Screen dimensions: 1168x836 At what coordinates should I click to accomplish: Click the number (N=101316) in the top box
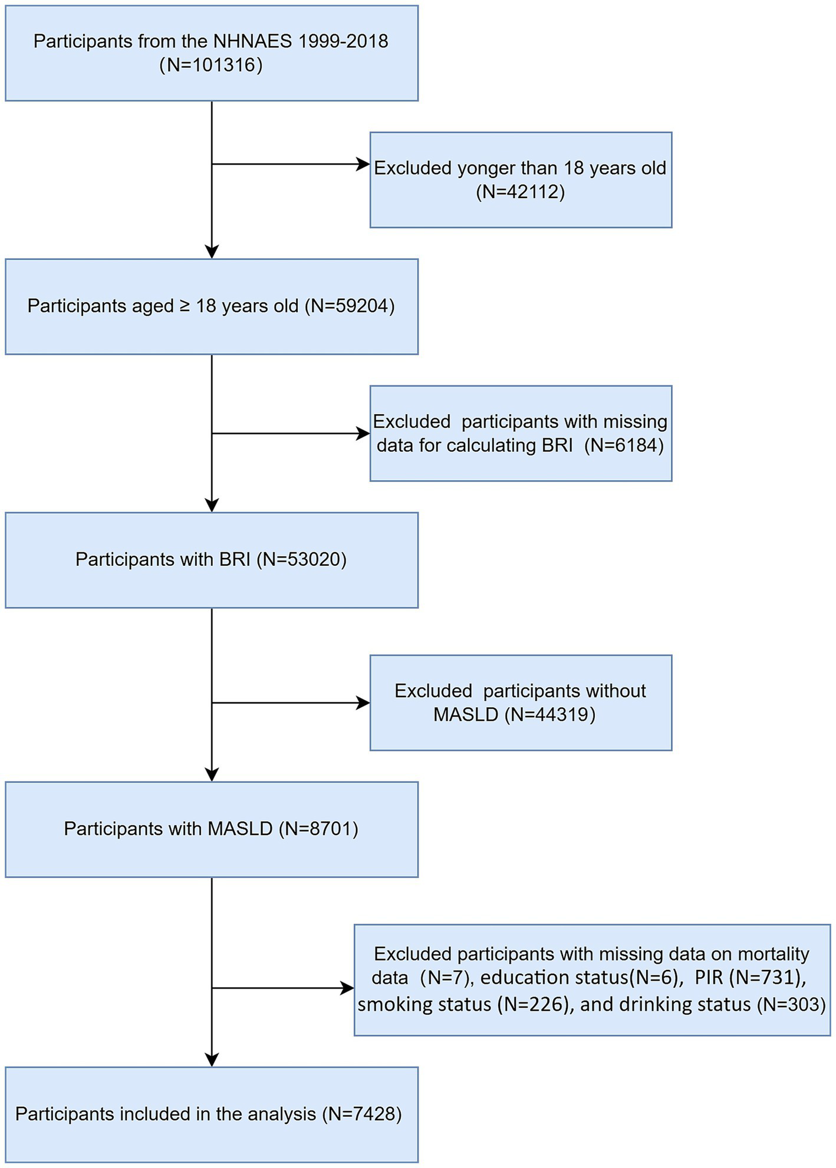click(211, 65)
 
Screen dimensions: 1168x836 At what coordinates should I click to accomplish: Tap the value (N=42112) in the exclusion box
click(520, 192)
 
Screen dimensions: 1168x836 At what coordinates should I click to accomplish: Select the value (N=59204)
click(350, 306)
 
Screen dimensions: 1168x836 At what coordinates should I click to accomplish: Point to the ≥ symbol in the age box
click(185, 306)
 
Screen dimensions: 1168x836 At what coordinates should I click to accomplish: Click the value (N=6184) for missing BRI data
click(624, 445)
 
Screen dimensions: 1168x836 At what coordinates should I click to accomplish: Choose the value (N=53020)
click(301, 559)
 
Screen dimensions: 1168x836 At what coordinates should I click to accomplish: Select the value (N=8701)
click(318, 829)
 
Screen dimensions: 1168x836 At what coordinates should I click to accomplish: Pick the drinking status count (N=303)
click(789, 1004)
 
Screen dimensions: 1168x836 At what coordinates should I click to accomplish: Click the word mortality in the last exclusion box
click(774, 953)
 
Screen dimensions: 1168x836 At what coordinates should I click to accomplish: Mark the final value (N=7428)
click(362, 1114)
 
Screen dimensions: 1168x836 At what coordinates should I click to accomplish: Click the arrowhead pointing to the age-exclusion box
click(363, 164)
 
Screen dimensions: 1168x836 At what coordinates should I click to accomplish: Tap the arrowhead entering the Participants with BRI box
click(212, 505)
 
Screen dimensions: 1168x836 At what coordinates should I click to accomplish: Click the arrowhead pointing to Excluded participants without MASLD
click(363, 702)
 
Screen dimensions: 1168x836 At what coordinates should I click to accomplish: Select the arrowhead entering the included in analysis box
click(212, 1060)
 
